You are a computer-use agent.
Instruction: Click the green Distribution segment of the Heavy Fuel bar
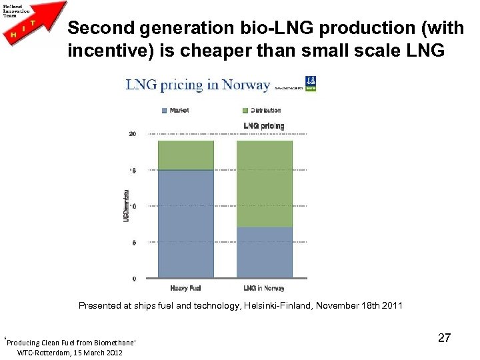click(185, 155)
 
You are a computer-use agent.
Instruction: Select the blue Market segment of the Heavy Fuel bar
click(185, 223)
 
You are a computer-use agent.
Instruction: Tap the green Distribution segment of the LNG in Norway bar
click(265, 183)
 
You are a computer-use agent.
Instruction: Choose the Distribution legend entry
click(261, 110)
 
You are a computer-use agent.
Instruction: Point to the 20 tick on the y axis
click(133, 134)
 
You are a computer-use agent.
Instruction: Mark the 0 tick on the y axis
click(134, 279)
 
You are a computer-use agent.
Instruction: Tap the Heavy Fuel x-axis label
click(185, 288)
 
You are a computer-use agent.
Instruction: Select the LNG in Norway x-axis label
click(264, 288)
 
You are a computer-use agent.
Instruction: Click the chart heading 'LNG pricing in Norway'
click(198, 85)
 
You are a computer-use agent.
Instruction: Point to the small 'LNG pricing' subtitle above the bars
click(264, 125)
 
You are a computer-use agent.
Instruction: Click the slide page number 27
click(444, 338)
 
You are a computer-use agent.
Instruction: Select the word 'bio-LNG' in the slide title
click(249, 29)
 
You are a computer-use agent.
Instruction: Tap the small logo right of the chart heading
click(311, 85)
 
